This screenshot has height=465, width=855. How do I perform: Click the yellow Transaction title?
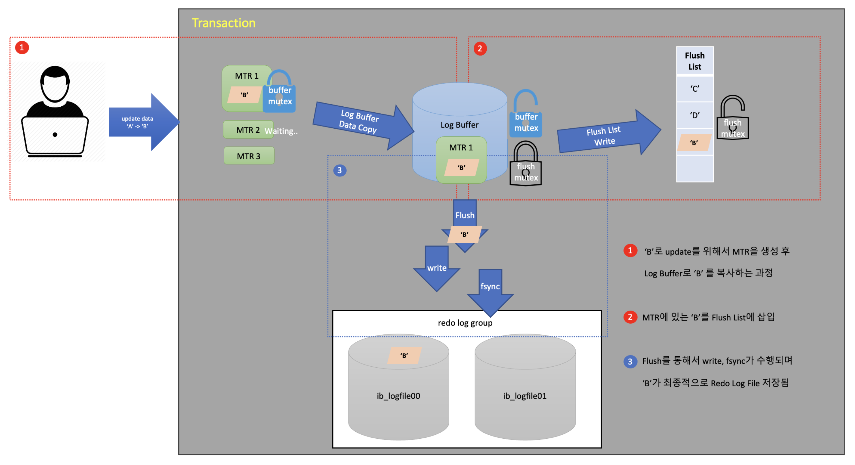223,23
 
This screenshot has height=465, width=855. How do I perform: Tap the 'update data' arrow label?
137,122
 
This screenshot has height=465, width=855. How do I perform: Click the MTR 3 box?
249,156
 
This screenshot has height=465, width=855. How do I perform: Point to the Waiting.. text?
281,131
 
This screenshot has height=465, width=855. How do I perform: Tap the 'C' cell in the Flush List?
694,89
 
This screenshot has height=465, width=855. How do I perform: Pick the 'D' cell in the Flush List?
694,115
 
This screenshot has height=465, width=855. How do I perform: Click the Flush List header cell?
694,61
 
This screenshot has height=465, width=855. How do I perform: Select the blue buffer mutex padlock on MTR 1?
279,93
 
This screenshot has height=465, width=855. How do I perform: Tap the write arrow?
437,268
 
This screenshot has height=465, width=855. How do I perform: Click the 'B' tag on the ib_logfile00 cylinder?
404,355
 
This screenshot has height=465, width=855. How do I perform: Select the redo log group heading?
465,323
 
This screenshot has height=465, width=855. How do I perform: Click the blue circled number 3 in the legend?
630,361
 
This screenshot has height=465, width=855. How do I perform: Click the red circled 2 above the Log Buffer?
480,48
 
